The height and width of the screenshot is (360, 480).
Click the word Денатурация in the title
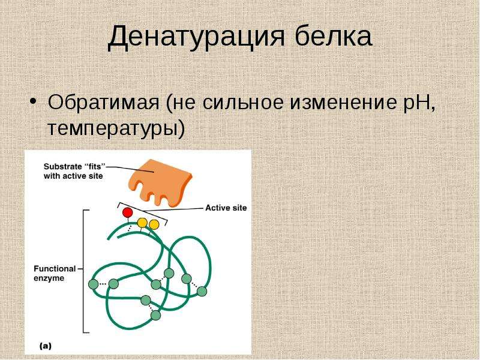point(196,37)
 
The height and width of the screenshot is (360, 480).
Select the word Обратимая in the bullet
point(103,102)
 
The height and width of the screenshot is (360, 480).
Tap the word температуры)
point(116,128)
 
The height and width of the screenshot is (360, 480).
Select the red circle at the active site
point(127,212)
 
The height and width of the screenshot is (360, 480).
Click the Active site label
point(226,208)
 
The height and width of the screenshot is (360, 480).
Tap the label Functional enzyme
point(55,274)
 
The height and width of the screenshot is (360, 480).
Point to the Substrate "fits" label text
point(74,171)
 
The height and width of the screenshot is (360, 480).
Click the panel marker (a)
point(46,346)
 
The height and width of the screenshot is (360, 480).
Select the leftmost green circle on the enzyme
point(94,284)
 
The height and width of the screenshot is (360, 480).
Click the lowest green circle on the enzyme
point(155,315)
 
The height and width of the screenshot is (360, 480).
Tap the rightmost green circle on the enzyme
point(202,291)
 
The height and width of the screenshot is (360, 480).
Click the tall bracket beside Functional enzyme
point(83,271)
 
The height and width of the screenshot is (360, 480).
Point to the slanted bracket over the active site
point(143,212)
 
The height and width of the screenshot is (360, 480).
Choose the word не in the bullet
point(184,103)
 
